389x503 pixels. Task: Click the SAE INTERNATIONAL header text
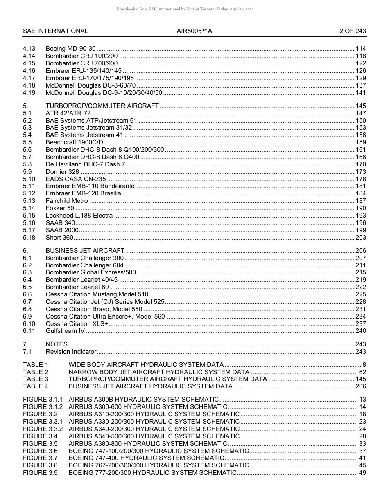point(55,31)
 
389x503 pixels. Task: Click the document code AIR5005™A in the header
point(194,31)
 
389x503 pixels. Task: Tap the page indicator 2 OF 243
point(353,31)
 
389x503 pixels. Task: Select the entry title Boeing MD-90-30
point(70,49)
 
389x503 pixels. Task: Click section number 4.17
point(29,78)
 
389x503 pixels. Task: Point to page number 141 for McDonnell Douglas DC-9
point(360,93)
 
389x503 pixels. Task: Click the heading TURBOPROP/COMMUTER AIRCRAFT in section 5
point(102,106)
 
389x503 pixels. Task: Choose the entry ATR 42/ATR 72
point(68,113)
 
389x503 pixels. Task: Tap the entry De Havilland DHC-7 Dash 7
point(85,164)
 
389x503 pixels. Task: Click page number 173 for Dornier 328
point(360,172)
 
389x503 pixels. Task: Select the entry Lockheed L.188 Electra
point(79,216)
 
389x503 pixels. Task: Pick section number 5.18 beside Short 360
point(29,238)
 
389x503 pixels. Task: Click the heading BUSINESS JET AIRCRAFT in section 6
point(85,251)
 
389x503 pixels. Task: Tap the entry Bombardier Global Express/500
point(90,272)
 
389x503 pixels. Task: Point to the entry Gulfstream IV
point(65,331)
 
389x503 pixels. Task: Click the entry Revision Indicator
point(71,352)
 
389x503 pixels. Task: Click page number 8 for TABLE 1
point(364,365)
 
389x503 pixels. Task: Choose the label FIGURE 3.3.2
point(43,429)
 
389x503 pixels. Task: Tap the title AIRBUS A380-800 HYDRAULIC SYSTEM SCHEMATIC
point(148,444)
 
